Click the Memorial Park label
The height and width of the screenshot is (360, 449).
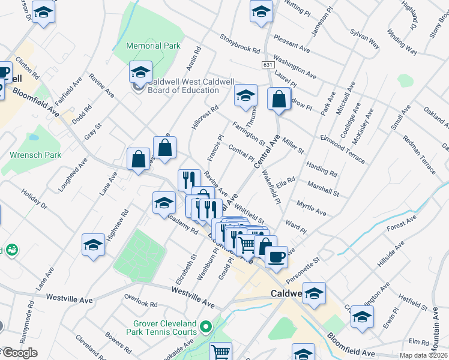pyautogui.click(x=154, y=46)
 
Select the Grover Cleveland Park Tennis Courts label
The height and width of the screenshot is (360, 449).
pyautogui.click(x=161, y=327)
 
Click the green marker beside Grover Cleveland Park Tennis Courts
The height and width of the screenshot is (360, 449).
pyautogui.click(x=206, y=327)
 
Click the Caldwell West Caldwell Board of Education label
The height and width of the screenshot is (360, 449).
pyautogui.click(x=184, y=86)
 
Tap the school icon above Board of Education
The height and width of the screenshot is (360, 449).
pyautogui.click(x=140, y=73)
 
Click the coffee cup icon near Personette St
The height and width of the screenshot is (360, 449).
pyautogui.click(x=276, y=256)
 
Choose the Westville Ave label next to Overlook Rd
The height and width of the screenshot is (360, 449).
pyautogui.click(x=193, y=298)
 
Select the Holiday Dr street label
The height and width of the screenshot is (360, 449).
pyautogui.click(x=33, y=200)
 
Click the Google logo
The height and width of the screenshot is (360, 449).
pyautogui.click(x=20, y=353)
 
